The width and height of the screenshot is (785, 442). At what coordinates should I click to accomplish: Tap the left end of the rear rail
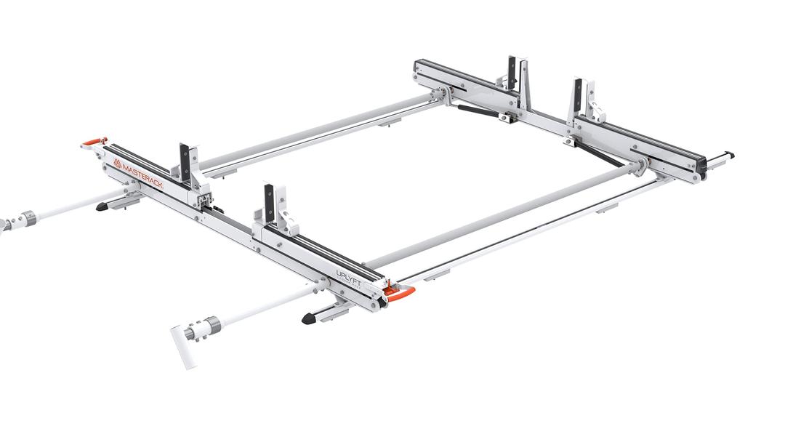click(418, 71)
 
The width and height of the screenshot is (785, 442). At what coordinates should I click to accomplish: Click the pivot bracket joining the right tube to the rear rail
click(640, 166)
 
